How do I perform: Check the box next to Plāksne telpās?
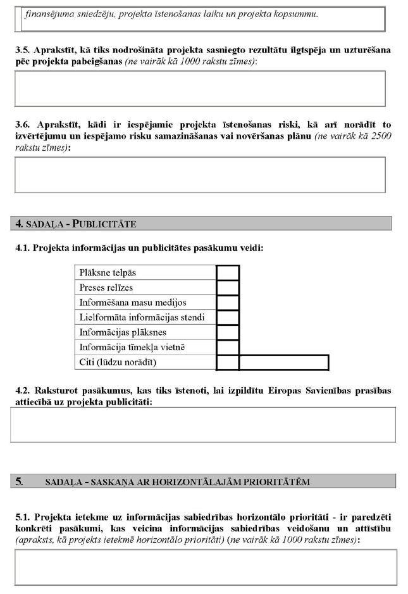click(228, 273)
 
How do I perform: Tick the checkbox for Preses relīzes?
click(228, 288)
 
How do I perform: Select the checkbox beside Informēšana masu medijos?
click(228, 303)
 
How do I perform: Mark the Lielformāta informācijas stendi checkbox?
click(228, 317)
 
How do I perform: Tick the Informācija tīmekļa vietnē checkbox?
click(228, 347)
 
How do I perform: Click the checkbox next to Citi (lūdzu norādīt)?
click(228, 362)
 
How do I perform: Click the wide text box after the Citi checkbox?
click(284, 362)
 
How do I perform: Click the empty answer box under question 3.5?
click(200, 88)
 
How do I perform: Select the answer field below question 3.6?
click(200, 174)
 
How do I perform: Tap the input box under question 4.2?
click(203, 424)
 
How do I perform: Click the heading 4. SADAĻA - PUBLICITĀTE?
click(76, 224)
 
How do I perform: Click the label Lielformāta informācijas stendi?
click(142, 317)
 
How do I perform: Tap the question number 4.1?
click(22, 249)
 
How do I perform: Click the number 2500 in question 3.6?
click(374, 136)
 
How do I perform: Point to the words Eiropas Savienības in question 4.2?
click(301, 391)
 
